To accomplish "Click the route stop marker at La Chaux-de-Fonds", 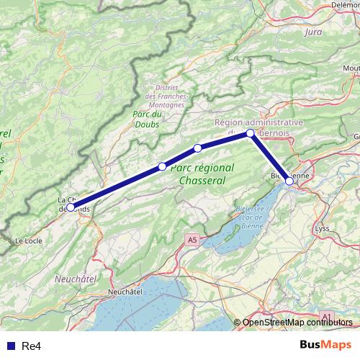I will pos(71,207).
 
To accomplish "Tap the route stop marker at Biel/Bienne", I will pos(289,181).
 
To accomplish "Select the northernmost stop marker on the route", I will pos(250,133).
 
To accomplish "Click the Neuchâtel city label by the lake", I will pos(125,292).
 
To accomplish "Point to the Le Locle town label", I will pos(30,240).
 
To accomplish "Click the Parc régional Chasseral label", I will pos(203,174).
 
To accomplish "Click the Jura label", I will pos(313,32).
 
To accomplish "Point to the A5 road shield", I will pos(191,239).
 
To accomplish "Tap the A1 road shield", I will pos(326,316).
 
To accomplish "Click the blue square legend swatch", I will pos(9,346).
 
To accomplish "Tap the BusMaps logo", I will pos(325,345).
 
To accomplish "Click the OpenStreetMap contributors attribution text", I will pos(298,322).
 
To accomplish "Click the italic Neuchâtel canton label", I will pos(75,276).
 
